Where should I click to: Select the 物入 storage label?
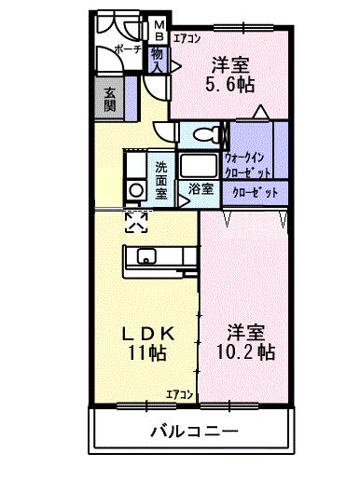[157, 62]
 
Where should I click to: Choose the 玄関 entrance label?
[109, 97]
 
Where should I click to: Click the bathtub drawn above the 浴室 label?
[199, 166]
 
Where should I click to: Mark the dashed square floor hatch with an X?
[136, 220]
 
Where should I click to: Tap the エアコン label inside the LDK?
[180, 394]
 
